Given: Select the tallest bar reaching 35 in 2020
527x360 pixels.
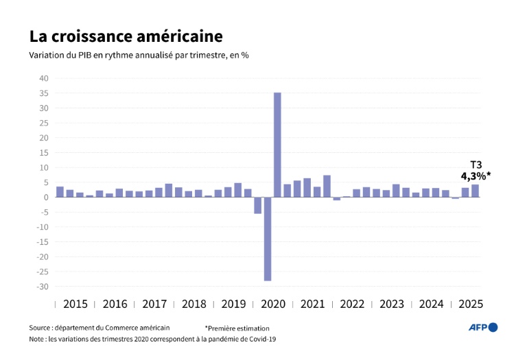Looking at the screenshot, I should coord(277,145).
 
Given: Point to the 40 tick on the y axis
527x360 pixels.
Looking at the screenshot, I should coord(43,78).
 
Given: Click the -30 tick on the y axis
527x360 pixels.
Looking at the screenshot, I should coord(41,287).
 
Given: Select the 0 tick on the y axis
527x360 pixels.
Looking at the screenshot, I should coord(45,197).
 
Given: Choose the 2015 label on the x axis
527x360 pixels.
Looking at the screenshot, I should coord(75,304).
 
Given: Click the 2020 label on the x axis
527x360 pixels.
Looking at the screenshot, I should coord(273,304).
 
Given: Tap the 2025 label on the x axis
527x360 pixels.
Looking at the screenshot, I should coord(471,304).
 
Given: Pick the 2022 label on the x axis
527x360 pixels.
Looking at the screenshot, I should coord(352,304).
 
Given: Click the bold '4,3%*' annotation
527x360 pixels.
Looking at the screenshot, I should coord(475,176).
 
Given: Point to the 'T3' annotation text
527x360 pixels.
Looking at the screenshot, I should coord(475,165).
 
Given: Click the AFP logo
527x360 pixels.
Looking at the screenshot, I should coord(483,328).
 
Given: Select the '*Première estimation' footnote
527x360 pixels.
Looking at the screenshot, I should coord(237,328).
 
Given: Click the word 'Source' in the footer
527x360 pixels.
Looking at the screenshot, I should coord(40,328).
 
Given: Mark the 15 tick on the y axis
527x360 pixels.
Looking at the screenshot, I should coord(43,153).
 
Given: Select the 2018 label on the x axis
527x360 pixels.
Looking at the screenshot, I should coord(194,304).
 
